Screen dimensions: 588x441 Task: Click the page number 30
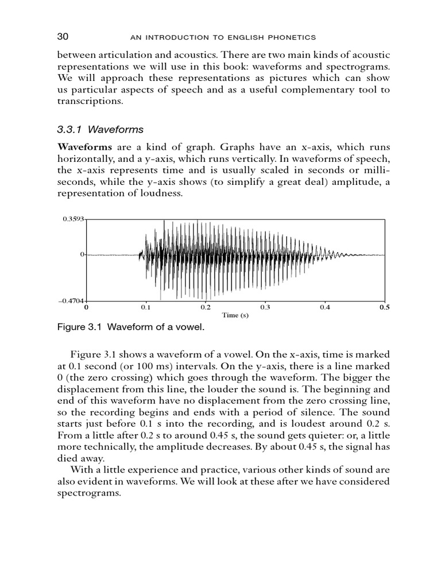(x=63, y=37)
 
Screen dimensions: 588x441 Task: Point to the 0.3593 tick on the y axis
(x=73, y=219)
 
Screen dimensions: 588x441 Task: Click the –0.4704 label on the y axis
(x=72, y=301)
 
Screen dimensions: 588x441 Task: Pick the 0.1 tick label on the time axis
(x=146, y=308)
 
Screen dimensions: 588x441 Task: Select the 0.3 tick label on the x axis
(x=265, y=308)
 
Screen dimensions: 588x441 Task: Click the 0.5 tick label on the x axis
(x=384, y=308)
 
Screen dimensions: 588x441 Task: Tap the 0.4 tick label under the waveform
(x=324, y=308)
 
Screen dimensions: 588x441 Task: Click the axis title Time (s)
(x=235, y=315)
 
